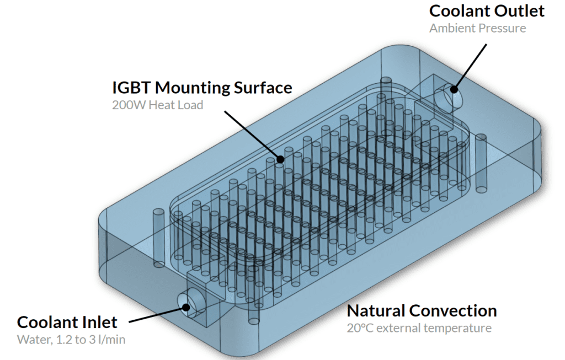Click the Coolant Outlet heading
(487, 11)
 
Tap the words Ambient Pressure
(477, 28)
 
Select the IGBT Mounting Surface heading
(202, 87)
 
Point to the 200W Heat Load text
(157, 104)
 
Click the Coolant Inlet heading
(67, 323)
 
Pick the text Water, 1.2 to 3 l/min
(71, 340)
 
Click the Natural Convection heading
(422, 311)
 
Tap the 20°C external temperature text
(419, 329)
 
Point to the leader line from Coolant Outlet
(471, 66)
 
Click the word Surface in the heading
(262, 87)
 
